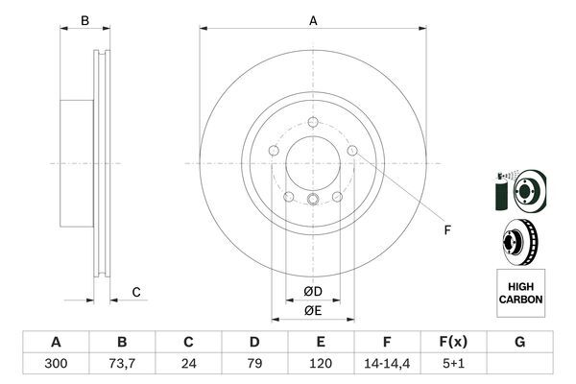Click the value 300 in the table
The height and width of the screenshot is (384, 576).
[x=56, y=365]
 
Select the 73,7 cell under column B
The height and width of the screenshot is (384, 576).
[x=122, y=365]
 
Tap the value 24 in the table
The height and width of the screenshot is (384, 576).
[x=188, y=365]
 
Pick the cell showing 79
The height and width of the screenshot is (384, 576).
[x=254, y=365]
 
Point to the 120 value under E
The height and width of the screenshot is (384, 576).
[x=321, y=365]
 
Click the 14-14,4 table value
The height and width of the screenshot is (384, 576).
[x=387, y=365]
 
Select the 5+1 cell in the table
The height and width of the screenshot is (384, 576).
[x=453, y=365]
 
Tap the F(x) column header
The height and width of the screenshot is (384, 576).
[x=453, y=343]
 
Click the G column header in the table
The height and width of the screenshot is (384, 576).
[x=519, y=343]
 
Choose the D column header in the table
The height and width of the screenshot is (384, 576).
[x=254, y=343]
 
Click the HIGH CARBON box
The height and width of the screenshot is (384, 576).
[x=520, y=293]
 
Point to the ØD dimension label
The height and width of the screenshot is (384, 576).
[x=313, y=291]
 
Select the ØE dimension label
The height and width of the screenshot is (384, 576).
[x=313, y=309]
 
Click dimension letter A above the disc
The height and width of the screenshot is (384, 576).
[x=313, y=20]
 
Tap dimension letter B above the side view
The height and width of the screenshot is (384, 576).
[x=84, y=20]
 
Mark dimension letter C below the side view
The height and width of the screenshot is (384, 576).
[x=136, y=292]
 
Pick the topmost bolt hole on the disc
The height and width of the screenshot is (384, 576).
[x=314, y=121]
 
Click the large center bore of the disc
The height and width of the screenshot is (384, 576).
[x=313, y=159]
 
